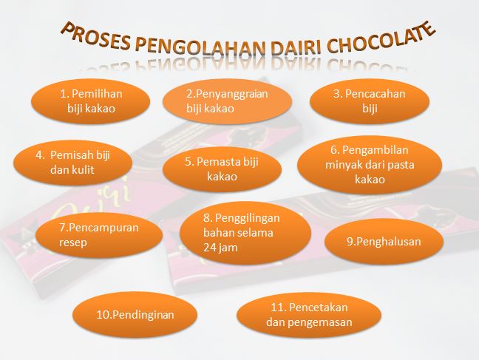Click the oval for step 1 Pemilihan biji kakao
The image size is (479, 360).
click(91, 101)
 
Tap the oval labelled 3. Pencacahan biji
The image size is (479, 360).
click(370, 101)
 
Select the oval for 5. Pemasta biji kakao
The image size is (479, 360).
click(222, 169)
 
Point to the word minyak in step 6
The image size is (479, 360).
click(344, 165)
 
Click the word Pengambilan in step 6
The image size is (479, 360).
click(375, 150)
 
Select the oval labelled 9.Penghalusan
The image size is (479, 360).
click(384, 242)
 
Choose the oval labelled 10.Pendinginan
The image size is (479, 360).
click(135, 315)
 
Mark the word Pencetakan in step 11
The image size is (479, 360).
click(318, 307)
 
